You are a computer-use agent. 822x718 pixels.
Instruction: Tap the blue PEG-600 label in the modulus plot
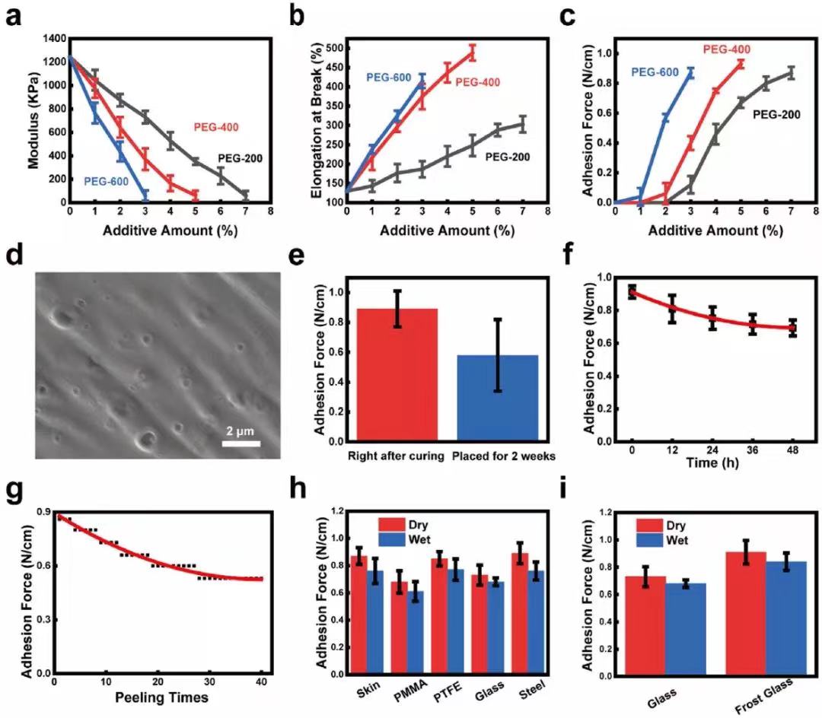(110, 181)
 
